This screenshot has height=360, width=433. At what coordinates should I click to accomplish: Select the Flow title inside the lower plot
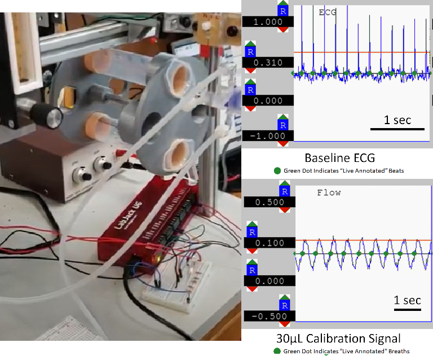coord(329,192)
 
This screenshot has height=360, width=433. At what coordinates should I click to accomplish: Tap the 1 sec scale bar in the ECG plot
coord(397,128)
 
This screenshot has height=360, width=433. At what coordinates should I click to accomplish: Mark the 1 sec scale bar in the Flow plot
coord(408,309)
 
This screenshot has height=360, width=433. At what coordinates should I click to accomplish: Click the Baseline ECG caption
coord(339,157)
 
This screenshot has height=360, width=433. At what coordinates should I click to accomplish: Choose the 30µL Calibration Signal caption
coord(338,339)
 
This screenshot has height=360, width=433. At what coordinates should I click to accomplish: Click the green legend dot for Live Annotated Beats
coord(277,170)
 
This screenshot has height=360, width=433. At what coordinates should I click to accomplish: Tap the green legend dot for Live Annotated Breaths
coord(277,351)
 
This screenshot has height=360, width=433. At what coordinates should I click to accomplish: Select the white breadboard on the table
coord(169,293)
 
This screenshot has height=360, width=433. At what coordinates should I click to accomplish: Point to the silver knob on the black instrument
coord(54,117)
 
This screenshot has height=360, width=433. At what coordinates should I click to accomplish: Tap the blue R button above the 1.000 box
coord(284,11)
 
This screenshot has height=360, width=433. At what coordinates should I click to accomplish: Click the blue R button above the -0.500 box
coord(284,305)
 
